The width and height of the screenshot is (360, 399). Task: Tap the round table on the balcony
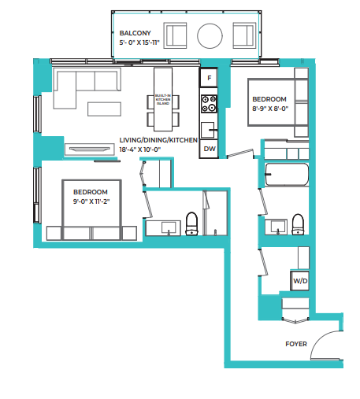tap(210, 36)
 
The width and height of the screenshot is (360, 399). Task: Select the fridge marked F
tap(209, 79)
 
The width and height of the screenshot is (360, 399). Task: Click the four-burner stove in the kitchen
tap(209, 102)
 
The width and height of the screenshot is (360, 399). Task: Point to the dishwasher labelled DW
tap(209, 148)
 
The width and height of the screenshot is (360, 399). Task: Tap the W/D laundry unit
tap(300, 281)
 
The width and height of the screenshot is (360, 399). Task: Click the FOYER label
tap(296, 344)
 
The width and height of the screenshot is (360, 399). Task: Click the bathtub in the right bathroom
tap(287, 174)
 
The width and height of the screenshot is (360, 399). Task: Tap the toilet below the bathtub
tap(298, 224)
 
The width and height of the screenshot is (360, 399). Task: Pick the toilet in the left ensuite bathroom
tap(191, 224)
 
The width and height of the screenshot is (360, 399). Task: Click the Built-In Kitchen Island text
tap(162, 101)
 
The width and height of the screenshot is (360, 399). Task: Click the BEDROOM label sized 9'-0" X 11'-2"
tap(91, 191)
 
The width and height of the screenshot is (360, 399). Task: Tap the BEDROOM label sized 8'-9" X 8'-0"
tap(269, 99)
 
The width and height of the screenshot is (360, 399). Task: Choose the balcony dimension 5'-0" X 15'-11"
tap(139, 44)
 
